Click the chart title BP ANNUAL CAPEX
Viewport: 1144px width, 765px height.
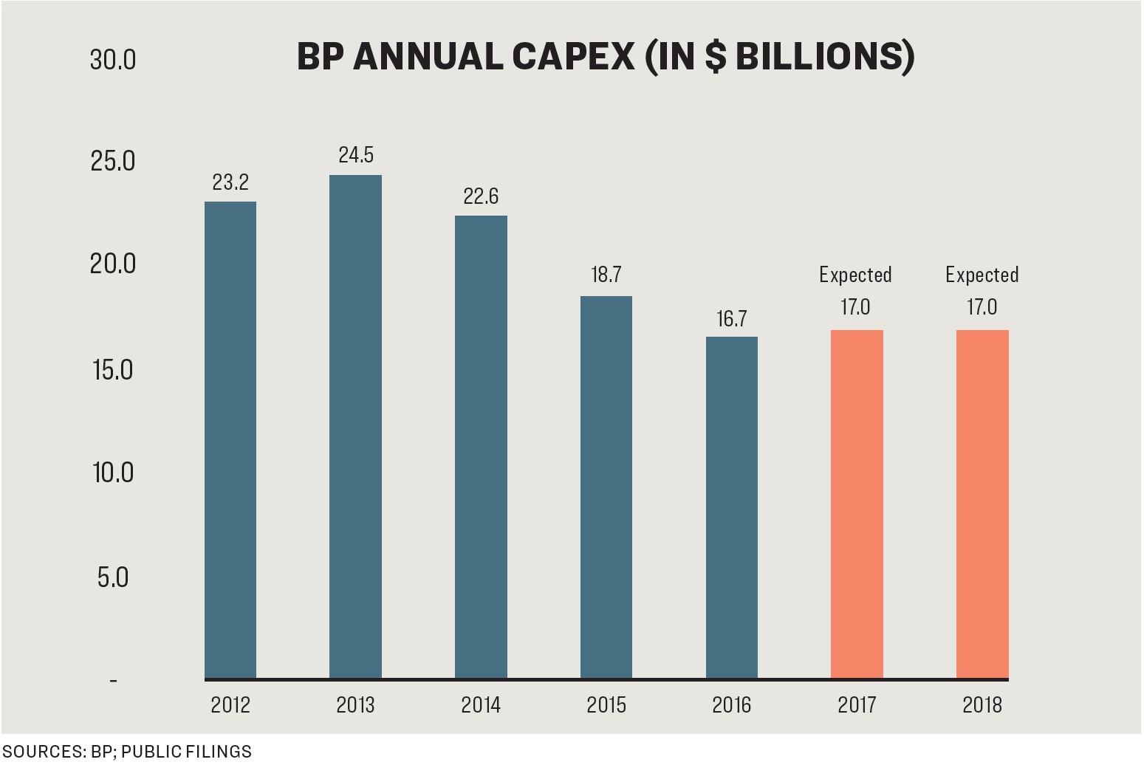point(605,57)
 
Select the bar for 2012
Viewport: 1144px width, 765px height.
point(230,439)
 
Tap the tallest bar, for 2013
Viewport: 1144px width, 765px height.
point(355,426)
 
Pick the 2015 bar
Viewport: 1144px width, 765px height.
point(606,487)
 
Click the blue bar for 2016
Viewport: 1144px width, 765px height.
point(731,507)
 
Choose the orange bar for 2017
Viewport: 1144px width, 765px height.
point(857,504)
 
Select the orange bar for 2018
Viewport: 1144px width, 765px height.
point(982,504)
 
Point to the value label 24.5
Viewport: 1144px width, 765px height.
point(356,155)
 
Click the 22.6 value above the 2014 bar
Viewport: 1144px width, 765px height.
point(481,196)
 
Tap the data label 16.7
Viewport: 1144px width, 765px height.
point(731,319)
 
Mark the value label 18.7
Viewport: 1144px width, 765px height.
point(606,275)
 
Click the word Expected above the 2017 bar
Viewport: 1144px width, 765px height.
point(855,275)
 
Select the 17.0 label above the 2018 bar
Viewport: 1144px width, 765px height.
point(982,307)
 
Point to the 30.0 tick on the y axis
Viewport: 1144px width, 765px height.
point(113,60)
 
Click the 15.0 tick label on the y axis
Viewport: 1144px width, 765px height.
point(113,370)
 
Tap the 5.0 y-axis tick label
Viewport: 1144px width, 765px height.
point(113,577)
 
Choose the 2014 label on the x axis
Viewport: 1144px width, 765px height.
point(481,705)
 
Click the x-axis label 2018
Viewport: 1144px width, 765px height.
point(982,705)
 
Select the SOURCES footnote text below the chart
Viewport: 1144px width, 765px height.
point(127,752)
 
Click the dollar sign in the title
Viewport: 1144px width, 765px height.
point(715,57)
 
